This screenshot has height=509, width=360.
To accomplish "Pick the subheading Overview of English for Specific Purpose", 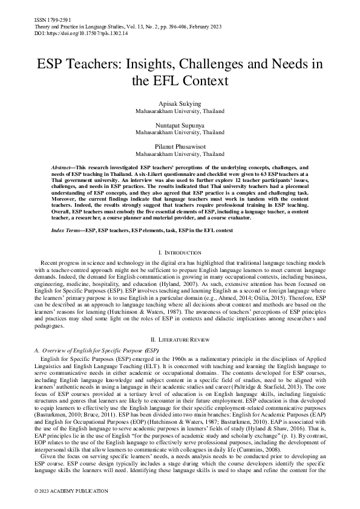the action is (97, 350).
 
